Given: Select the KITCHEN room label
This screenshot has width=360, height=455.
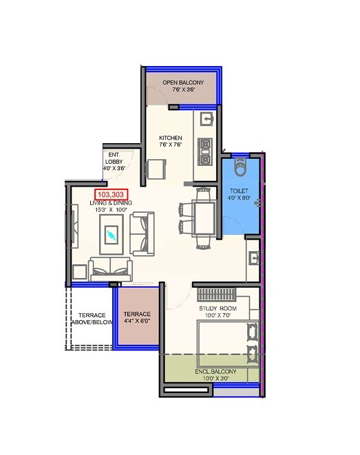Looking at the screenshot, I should (x=170, y=138).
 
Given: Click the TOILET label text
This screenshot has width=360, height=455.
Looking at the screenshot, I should (x=240, y=190).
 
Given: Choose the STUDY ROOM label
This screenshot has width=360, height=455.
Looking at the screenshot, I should (x=218, y=308).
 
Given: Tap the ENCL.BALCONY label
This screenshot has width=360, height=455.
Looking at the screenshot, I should (x=215, y=372).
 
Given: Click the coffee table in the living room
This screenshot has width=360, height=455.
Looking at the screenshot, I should (x=111, y=235).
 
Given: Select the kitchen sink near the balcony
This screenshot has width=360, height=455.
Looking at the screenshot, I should (x=206, y=118).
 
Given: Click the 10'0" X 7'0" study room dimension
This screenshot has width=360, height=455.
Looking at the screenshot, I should (x=218, y=317).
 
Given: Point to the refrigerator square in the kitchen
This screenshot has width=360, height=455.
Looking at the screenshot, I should (x=157, y=169).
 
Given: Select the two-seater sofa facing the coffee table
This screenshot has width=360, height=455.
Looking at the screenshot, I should (x=143, y=233).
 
